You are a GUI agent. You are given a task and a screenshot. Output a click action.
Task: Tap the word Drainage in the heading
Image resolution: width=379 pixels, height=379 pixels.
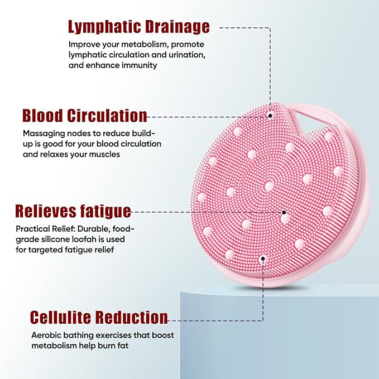pos(178,26)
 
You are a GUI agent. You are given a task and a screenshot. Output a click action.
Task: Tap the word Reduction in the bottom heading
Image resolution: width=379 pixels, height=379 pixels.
pos(131,318)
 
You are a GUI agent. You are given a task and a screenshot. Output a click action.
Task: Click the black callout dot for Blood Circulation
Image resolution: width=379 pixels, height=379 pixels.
pos(270,116)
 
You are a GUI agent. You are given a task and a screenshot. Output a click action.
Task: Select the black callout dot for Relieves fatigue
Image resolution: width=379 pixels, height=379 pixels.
pos(284,212)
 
